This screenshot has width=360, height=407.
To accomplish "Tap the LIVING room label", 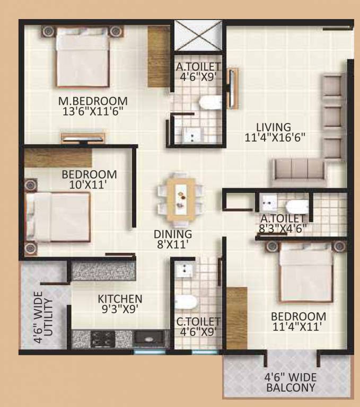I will (274, 127).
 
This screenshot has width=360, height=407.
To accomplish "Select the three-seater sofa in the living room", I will (298, 171).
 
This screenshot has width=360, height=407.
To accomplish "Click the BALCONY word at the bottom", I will (291, 387).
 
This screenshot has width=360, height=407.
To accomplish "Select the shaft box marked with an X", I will (198, 36).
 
